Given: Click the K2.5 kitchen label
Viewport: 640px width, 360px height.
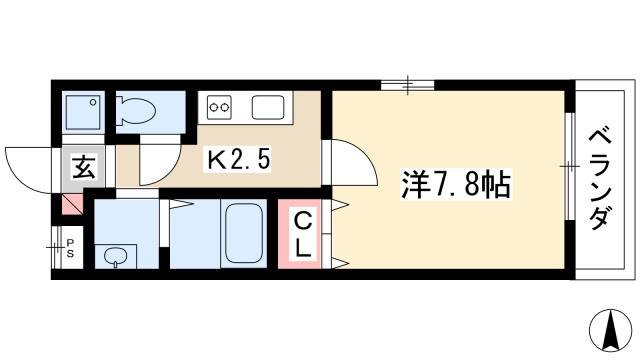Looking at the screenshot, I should click(238, 158).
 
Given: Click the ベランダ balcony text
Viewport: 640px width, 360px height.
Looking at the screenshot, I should click(599, 178).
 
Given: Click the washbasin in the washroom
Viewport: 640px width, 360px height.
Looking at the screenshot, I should click(117, 257).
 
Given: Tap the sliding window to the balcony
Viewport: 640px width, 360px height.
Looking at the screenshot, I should click(570, 164).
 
